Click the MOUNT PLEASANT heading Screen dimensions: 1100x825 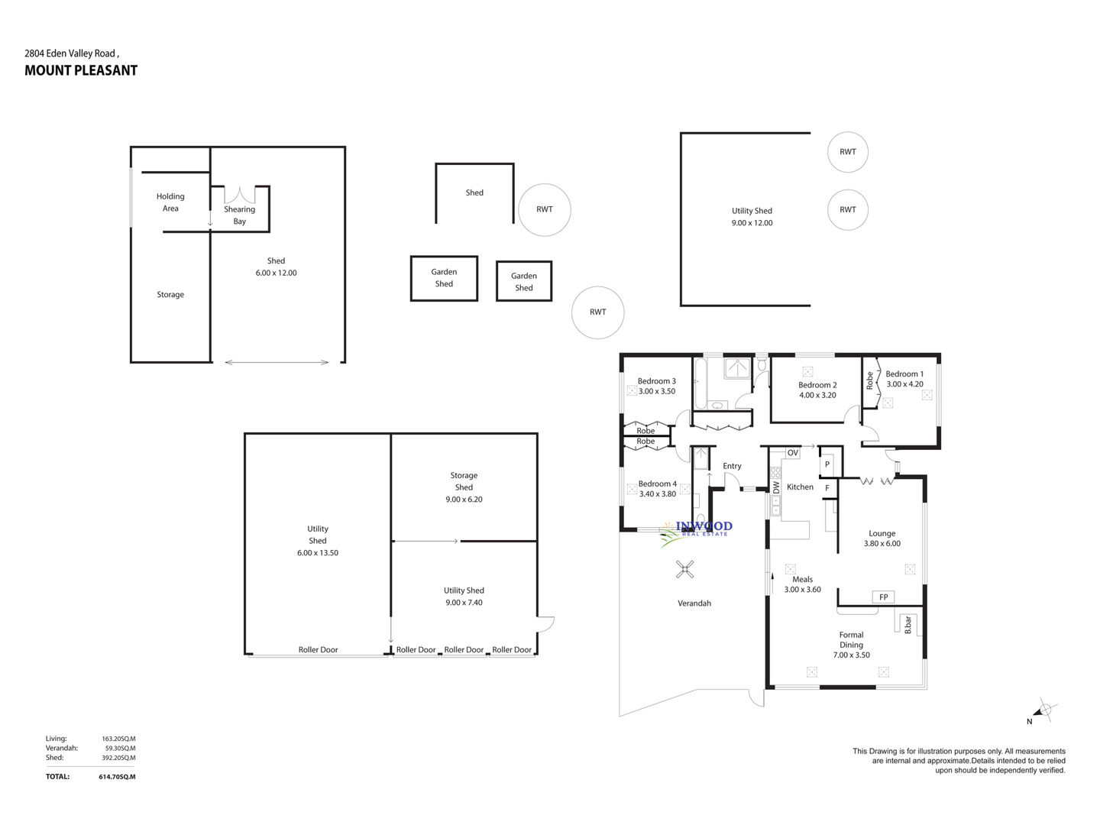tap(81, 70)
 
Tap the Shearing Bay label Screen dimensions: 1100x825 tap(240, 215)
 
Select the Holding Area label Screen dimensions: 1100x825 tap(170, 202)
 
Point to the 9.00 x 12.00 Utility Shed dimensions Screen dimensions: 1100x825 tap(752, 223)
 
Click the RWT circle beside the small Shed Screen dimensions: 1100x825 tap(544, 209)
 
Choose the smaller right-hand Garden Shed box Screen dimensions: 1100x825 tap(524, 281)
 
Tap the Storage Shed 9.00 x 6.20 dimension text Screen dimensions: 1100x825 tap(464, 500)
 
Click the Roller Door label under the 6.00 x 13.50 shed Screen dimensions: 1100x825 tap(319, 649)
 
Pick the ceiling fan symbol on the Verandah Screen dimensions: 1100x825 tap(684, 569)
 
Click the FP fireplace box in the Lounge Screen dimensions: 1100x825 tap(883, 597)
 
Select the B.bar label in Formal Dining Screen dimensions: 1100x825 tap(907, 625)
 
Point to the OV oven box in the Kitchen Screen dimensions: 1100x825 tap(792, 453)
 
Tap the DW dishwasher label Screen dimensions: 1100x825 tap(776, 487)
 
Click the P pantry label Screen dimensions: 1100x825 tap(827, 464)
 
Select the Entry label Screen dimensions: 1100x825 tap(732, 466)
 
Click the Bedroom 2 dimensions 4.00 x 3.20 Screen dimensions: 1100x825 tap(817, 395)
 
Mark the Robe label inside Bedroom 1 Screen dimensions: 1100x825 tap(869, 380)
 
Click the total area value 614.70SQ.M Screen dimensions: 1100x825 tap(117, 777)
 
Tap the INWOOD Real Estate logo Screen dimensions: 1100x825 tap(696, 532)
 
